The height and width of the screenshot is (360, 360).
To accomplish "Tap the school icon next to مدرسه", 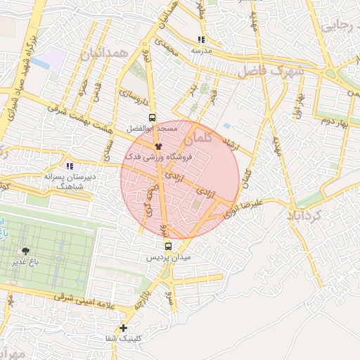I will [x=201, y=40].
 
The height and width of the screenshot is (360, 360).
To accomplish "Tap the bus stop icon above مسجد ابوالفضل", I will [x=154, y=118].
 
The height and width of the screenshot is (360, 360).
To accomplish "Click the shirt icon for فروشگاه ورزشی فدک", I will [x=157, y=147].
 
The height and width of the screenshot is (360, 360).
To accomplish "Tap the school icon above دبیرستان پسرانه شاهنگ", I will [x=69, y=166].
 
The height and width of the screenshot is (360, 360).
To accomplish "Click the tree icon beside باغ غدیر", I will [x=26, y=250].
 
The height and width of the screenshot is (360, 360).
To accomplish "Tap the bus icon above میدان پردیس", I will [x=168, y=246].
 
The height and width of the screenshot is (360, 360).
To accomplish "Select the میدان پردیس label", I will [x=169, y=258].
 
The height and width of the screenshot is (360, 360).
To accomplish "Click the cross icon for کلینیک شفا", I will [x=124, y=328].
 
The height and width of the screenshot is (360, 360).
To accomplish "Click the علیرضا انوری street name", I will [x=243, y=209].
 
